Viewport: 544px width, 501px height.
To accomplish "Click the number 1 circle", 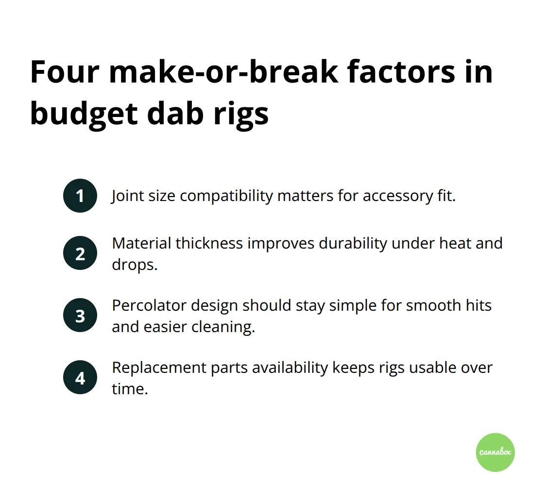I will pos(80,196).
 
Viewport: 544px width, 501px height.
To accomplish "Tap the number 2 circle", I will pos(80,253).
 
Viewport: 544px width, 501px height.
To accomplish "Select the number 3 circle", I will pos(80,316).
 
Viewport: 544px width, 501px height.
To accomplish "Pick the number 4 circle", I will pos(80,377).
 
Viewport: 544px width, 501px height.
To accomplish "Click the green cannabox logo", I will pos(495,452).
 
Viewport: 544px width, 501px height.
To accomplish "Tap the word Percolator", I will pos(149,305).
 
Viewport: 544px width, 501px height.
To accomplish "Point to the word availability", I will pos(290,367).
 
